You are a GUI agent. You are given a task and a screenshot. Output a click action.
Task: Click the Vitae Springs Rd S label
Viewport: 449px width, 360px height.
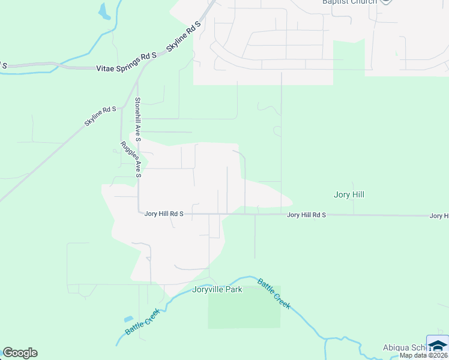pyautogui.click(x=126, y=69)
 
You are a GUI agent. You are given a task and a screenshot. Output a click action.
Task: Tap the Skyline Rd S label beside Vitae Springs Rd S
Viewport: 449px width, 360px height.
pyautogui.click(x=183, y=36)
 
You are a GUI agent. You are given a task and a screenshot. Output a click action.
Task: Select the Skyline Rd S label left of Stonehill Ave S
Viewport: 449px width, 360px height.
pyautogui.click(x=100, y=116)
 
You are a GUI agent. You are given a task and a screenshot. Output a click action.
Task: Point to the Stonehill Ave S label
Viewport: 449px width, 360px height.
pyautogui.click(x=137, y=119)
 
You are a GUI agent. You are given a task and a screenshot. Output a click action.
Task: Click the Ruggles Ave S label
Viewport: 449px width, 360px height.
pyautogui.click(x=130, y=160)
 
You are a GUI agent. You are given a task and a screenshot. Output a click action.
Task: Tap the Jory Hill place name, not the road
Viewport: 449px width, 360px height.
pyautogui.click(x=349, y=194)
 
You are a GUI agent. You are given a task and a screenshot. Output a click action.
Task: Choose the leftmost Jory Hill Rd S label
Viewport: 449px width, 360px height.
pyautogui.click(x=164, y=214)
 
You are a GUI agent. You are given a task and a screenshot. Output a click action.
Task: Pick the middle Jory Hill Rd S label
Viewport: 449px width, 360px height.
pyautogui.click(x=306, y=215)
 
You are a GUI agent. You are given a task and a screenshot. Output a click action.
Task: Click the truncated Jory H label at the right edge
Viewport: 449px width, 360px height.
pyautogui.click(x=439, y=215)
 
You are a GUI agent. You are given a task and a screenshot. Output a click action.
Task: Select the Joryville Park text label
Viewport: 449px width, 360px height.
pyautogui.click(x=217, y=290)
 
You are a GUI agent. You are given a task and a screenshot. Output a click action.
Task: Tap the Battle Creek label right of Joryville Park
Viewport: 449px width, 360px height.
pyautogui.click(x=274, y=293)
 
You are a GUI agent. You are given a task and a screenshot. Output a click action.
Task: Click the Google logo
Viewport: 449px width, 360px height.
pyautogui.click(x=20, y=353)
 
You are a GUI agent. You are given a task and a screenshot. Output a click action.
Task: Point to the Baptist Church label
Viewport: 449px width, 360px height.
pyautogui.click(x=350, y=2)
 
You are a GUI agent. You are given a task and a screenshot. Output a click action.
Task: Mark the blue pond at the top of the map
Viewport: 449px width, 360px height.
pyautogui.click(x=104, y=11)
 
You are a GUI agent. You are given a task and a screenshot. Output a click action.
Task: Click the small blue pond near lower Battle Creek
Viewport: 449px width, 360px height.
pyautogui.click(x=128, y=319)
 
